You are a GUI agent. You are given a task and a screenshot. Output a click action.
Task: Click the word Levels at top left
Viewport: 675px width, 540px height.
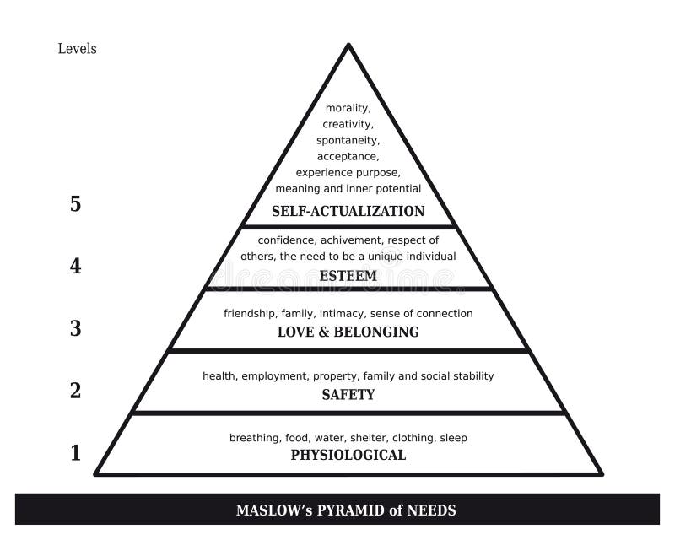pos(77,49)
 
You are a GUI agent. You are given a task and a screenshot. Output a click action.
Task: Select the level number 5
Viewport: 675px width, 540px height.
pos(75,203)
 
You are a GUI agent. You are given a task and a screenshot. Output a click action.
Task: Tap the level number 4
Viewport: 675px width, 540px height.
pos(75,266)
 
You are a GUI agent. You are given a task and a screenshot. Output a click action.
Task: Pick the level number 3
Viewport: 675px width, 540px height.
pos(75,328)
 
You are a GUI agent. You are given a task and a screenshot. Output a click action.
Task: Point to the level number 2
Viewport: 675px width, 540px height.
pos(75,391)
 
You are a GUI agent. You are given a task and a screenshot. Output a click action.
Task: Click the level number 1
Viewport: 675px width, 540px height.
pos(76,453)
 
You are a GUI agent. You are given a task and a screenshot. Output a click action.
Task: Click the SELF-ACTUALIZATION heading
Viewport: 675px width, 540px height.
pos(348,212)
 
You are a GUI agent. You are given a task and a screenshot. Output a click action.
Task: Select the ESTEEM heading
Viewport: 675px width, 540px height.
pos(348,276)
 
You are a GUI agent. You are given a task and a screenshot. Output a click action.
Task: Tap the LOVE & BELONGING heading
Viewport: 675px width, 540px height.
pos(348,332)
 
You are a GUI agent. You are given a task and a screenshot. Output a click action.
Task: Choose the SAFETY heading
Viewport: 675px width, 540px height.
pos(348,394)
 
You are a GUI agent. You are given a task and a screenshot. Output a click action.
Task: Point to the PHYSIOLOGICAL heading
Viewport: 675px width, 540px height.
pos(348,455)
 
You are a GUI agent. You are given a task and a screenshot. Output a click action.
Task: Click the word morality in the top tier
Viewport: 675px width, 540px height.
pos(348,108)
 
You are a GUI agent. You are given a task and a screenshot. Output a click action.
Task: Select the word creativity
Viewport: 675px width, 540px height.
pos(348,124)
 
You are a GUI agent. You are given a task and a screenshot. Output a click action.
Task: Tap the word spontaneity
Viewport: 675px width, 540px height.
pos(348,141)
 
